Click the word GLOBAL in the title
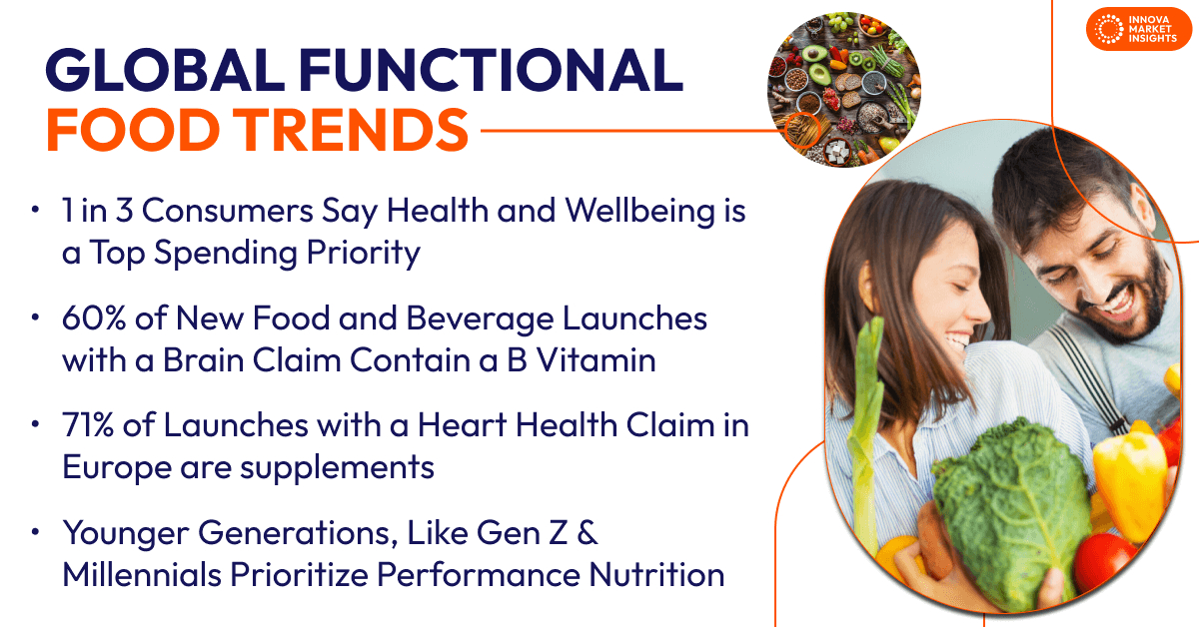point(165,70)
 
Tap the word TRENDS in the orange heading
point(350,130)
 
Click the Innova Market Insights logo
point(1138,29)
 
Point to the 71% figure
point(88,425)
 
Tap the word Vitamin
point(597,360)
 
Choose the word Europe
point(116,468)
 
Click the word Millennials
point(142,574)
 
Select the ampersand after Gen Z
point(588,533)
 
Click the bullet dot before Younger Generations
point(35,532)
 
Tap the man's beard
point(1129,300)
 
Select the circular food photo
point(844,89)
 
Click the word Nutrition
point(656,574)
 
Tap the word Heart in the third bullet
point(462,425)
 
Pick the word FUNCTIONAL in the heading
point(491,70)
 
